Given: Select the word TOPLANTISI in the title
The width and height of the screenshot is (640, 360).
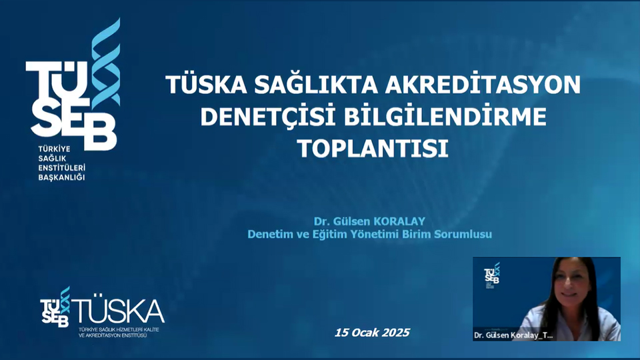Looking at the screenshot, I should click(373, 148).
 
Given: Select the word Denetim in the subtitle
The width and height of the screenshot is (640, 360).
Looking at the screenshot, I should click(269, 234).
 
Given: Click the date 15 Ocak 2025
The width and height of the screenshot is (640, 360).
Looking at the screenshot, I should click(372, 332).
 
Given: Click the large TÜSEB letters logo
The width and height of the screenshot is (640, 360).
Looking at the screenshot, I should click(71, 105).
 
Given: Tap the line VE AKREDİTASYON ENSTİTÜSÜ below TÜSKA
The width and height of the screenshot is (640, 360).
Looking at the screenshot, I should click(112, 335).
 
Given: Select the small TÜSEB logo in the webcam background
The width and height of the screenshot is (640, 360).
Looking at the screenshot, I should click(492, 273).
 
